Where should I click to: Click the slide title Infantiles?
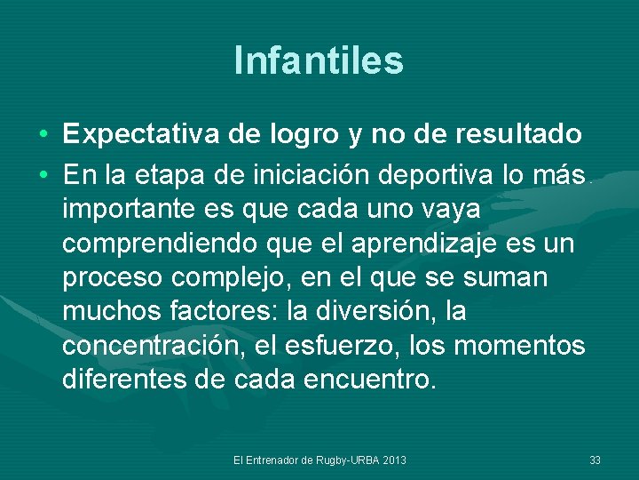(x=319, y=60)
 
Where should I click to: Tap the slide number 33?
(x=595, y=460)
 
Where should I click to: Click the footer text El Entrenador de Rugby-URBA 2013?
(x=319, y=460)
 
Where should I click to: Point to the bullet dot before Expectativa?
(x=43, y=135)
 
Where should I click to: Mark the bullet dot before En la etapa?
(x=43, y=176)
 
